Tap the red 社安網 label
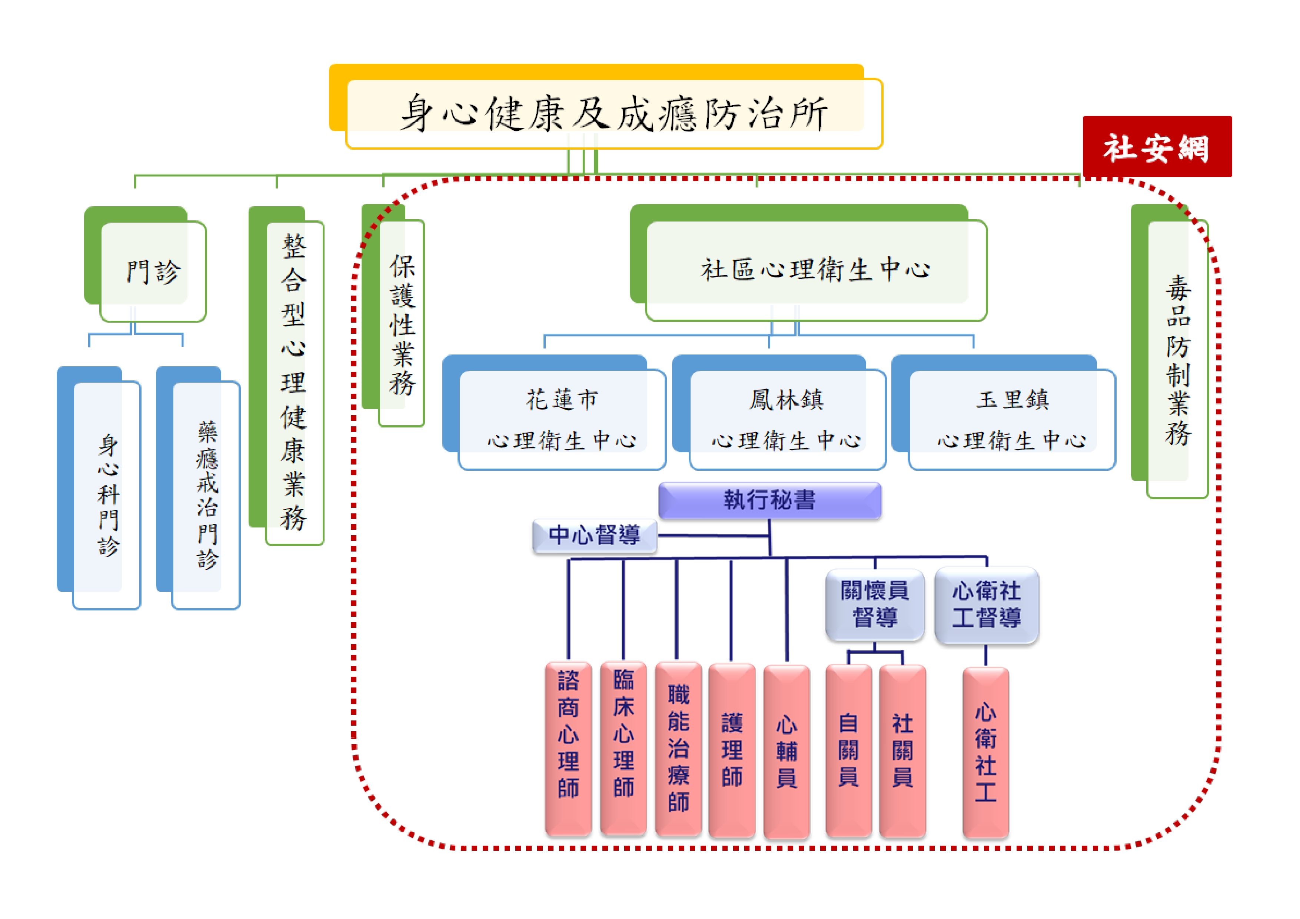[1156, 147]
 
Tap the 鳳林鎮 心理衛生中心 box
[787, 419]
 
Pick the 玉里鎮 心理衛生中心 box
[1011, 419]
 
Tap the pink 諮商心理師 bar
[568, 748]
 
